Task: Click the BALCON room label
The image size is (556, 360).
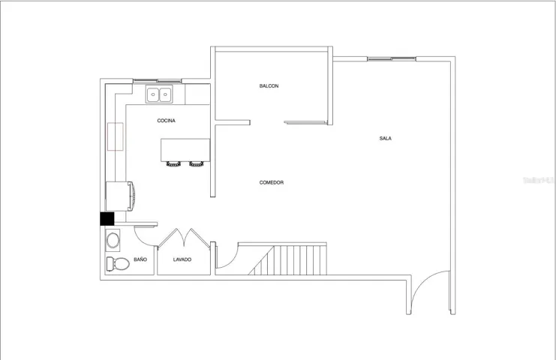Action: [x=269, y=86]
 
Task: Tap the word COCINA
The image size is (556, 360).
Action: [x=167, y=121]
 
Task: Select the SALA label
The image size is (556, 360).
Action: [x=386, y=139]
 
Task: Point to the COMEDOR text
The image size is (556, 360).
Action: [x=272, y=183]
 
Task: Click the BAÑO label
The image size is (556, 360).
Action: [x=140, y=259]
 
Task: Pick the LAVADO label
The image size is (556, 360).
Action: [x=182, y=259]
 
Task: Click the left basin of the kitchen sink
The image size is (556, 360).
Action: [x=153, y=94]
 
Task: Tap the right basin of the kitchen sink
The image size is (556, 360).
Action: [x=165, y=94]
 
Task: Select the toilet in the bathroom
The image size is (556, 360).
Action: [x=118, y=264]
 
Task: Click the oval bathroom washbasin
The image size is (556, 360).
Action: [x=113, y=241]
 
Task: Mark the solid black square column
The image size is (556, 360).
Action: [x=107, y=218]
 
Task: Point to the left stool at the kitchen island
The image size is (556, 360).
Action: [x=173, y=163]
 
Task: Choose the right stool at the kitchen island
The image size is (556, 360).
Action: [x=197, y=163]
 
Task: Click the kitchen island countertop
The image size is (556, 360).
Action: [x=185, y=150]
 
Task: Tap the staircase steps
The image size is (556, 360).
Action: [x=287, y=260]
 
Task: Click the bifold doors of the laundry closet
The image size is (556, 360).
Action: [x=184, y=238]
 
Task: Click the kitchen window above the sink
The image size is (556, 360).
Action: [x=158, y=81]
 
